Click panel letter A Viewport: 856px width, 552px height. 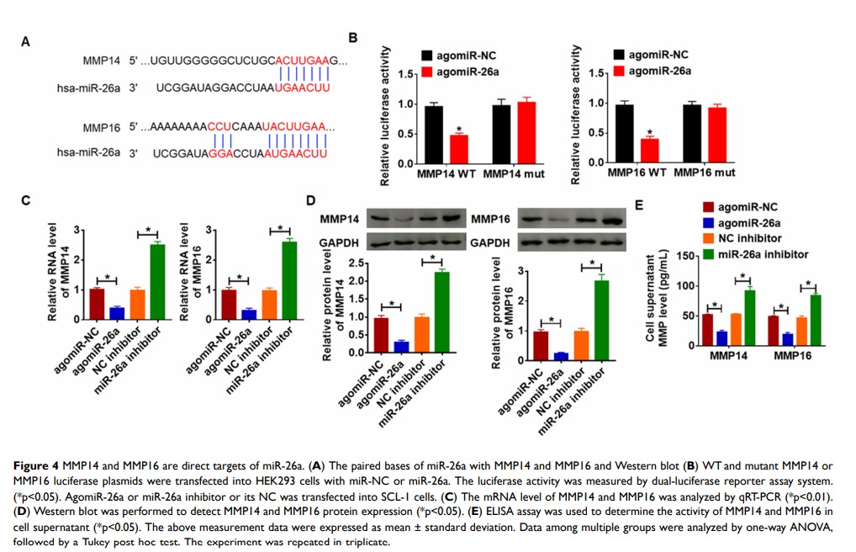point(26,42)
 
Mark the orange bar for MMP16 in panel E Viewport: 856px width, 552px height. point(802,331)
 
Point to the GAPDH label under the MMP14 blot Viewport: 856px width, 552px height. point(340,241)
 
